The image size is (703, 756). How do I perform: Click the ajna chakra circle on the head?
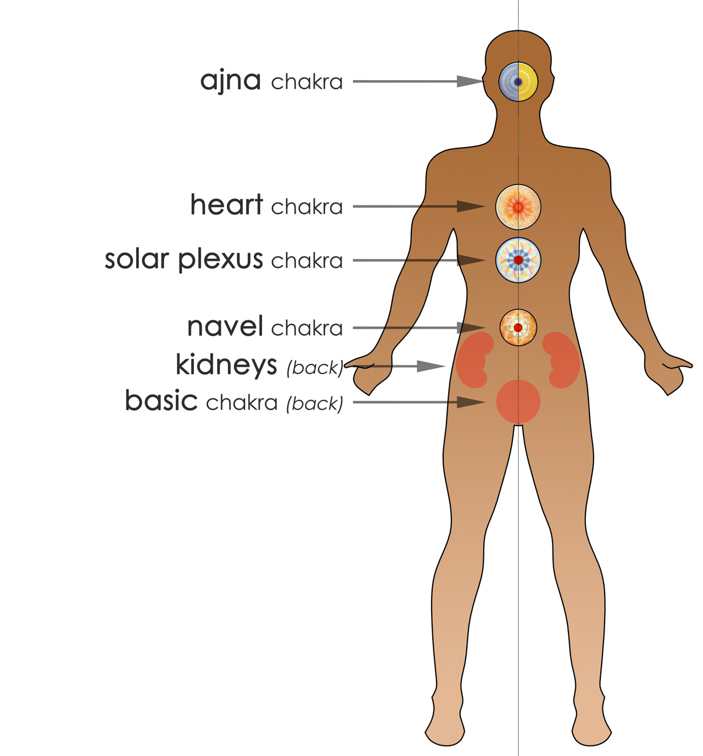coord(518,82)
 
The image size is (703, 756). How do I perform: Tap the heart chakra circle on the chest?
coord(518,207)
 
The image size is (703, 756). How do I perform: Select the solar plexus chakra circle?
coord(518,260)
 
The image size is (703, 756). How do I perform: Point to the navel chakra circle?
coord(518,327)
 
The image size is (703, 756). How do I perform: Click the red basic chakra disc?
coord(518,402)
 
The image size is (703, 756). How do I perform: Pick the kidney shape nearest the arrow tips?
coord(473,360)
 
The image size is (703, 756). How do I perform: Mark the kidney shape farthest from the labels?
coord(562,360)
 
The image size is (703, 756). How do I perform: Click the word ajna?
coord(231,81)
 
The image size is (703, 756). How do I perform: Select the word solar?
coord(137,260)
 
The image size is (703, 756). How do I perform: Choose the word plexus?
coord(220,261)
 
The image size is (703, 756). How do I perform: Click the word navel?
coord(225,326)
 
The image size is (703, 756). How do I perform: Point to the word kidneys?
coord(226,366)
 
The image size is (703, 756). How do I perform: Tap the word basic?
coord(161,400)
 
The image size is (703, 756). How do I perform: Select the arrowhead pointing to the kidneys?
coord(431,366)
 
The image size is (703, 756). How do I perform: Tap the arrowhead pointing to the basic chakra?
coord(471,402)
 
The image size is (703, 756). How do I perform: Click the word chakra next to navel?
coord(307,328)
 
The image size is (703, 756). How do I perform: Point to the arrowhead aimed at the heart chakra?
coord(471,206)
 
